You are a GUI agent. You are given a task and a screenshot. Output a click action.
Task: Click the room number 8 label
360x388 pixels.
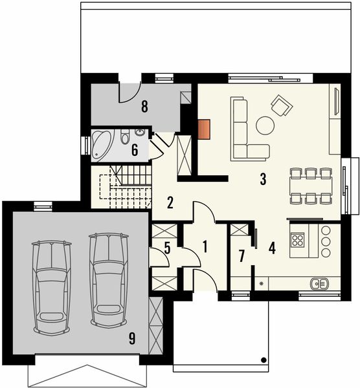(145, 107)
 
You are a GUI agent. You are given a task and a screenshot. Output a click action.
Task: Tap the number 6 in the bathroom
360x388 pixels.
(135, 151)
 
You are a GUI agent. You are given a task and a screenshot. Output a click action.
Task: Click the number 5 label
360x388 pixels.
(166, 247)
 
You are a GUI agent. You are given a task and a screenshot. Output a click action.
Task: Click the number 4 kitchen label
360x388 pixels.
(272, 247)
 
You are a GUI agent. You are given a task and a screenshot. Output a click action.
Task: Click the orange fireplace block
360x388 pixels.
(205, 129)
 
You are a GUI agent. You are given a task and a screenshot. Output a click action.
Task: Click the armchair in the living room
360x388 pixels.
(282, 105)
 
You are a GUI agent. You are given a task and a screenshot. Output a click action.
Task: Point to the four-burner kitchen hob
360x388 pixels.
(299, 241)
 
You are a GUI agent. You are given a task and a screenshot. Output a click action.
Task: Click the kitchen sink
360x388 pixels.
(319, 283)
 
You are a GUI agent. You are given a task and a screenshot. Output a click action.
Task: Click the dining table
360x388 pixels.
(309, 185)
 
